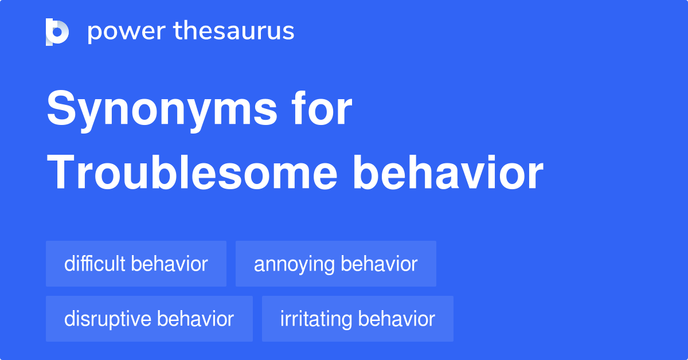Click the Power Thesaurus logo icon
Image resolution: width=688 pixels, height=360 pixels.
tap(57, 32)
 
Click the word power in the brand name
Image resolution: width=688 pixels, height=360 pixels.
tap(127, 32)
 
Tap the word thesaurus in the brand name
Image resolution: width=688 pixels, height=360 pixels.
tap(234, 30)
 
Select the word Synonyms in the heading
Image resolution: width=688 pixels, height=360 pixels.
tap(162, 111)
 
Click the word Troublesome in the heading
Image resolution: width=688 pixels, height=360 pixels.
tap(192, 173)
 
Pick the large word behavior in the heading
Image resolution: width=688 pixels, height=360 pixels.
tap(448, 173)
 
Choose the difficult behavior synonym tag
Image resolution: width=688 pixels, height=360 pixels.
tap(136, 264)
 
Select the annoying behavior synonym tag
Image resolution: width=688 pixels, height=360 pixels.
tap(336, 264)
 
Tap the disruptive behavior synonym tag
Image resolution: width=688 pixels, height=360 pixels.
tap(149, 319)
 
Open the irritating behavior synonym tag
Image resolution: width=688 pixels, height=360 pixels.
tap(358, 319)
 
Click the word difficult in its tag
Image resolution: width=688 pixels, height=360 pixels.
tap(95, 264)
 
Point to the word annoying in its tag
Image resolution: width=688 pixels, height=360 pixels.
tap(294, 265)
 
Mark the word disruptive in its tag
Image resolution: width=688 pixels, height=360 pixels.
tap(108, 319)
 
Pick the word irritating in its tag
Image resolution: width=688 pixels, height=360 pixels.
tap(316, 319)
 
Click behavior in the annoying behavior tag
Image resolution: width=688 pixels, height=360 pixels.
tap(379, 264)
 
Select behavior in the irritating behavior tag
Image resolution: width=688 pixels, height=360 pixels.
tap(397, 319)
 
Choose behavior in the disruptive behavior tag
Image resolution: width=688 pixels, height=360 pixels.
tap(196, 319)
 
